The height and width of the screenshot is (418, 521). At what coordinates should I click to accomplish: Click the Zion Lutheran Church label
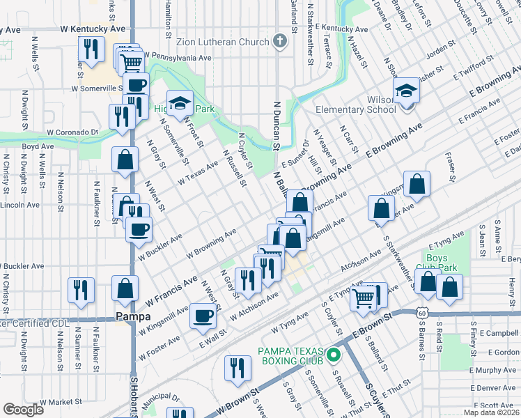click(214, 42)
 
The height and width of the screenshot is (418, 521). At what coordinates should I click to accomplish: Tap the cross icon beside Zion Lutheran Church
click(280, 41)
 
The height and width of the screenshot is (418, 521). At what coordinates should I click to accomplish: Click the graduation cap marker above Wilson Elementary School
click(406, 91)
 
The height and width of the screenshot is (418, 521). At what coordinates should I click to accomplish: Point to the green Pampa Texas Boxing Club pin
click(334, 355)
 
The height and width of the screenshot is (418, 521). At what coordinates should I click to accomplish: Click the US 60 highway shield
click(422, 313)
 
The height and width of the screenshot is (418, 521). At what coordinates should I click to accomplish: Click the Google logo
click(23, 410)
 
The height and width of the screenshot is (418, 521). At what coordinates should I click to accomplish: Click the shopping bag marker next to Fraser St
click(417, 185)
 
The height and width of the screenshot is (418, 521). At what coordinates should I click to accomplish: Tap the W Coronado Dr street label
click(72, 132)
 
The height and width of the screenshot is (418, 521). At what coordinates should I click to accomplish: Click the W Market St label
click(61, 402)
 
